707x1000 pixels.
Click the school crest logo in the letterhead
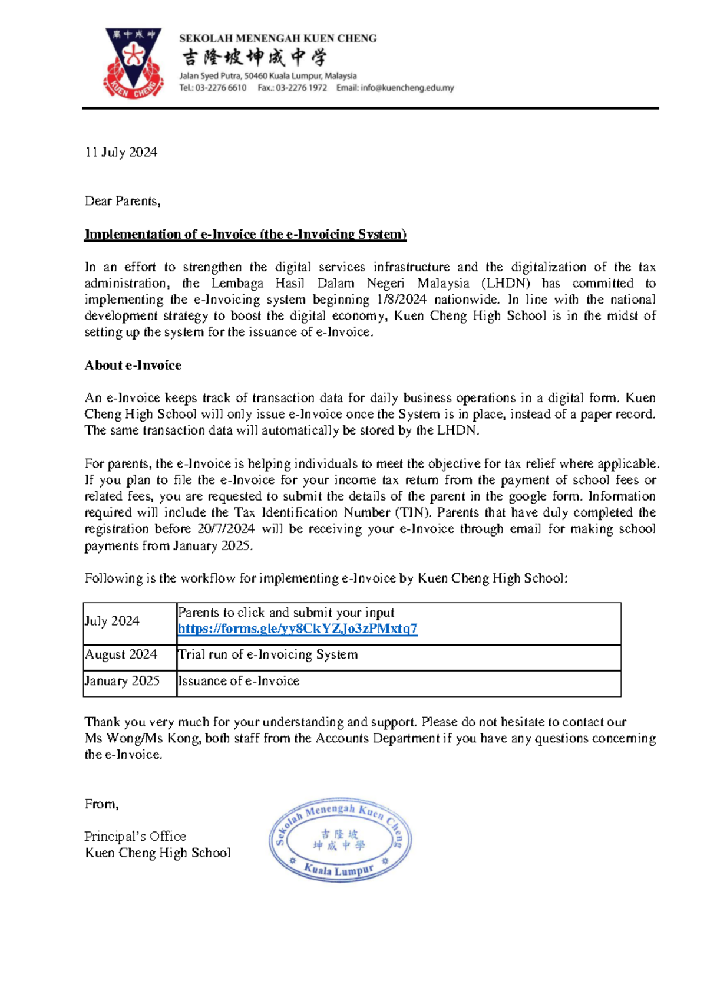[x=133, y=63]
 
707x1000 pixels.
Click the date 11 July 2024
[x=121, y=152]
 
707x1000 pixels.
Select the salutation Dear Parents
[x=122, y=201]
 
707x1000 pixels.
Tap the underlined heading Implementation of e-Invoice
[x=245, y=234]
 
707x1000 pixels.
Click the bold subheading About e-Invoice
[x=133, y=365]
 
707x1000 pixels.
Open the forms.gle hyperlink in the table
[x=298, y=629]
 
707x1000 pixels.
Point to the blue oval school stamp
[x=340, y=840]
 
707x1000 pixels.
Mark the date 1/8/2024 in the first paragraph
[x=401, y=300]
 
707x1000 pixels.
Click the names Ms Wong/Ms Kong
[x=141, y=738]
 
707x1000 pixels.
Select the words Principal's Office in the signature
[x=135, y=836]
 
